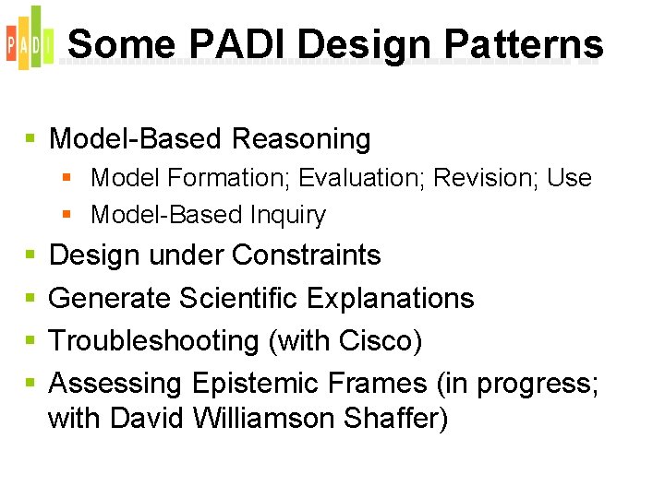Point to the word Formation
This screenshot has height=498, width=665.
(207, 177)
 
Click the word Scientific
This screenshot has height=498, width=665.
(238, 298)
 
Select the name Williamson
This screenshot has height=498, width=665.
(266, 419)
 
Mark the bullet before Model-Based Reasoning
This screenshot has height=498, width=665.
(30, 139)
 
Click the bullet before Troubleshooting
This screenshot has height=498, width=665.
(30, 341)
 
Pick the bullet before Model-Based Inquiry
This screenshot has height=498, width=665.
(66, 215)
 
